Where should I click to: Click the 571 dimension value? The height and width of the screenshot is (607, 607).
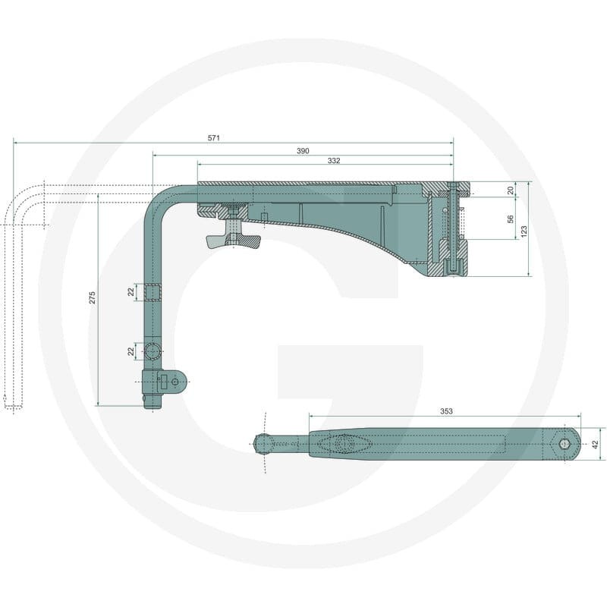[214, 138]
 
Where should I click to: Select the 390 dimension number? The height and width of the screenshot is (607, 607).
[303, 150]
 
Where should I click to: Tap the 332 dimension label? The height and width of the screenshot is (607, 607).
[334, 160]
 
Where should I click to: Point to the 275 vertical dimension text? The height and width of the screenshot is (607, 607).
[92, 297]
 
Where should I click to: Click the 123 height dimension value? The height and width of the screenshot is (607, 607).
[524, 231]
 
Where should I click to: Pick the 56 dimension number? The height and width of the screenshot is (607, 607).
[511, 219]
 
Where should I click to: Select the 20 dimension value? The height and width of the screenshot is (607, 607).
[511, 190]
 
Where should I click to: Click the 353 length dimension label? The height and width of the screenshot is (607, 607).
[446, 411]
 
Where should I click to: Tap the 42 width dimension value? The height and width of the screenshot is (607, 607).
[596, 444]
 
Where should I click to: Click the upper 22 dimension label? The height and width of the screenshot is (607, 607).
[131, 292]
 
